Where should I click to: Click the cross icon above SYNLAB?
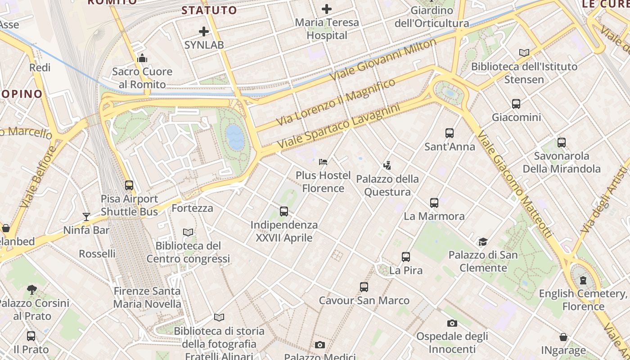point(204,31)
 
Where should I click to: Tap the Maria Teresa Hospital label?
point(327,29)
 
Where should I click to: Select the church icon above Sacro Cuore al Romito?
point(142,58)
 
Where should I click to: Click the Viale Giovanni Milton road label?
point(383,60)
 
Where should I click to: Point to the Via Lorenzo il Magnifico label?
point(336,102)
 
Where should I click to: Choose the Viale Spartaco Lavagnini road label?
point(338,127)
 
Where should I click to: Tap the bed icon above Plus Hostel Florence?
point(323,162)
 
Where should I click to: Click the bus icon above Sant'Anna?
point(449,133)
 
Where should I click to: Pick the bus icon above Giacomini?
point(516,104)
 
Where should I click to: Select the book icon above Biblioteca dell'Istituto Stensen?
point(524,53)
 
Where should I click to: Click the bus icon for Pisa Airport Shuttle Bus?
point(129,185)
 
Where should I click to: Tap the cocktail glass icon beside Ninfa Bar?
point(86,217)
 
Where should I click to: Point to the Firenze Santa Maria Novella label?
point(147,297)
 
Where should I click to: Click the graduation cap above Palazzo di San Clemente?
point(483,242)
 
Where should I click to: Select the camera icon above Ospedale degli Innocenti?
point(452,323)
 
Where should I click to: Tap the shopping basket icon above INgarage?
point(563,337)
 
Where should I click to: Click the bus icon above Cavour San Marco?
point(364,287)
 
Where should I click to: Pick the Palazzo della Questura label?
point(387,185)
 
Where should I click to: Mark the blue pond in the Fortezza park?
point(235,137)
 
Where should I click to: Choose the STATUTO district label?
point(209,10)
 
